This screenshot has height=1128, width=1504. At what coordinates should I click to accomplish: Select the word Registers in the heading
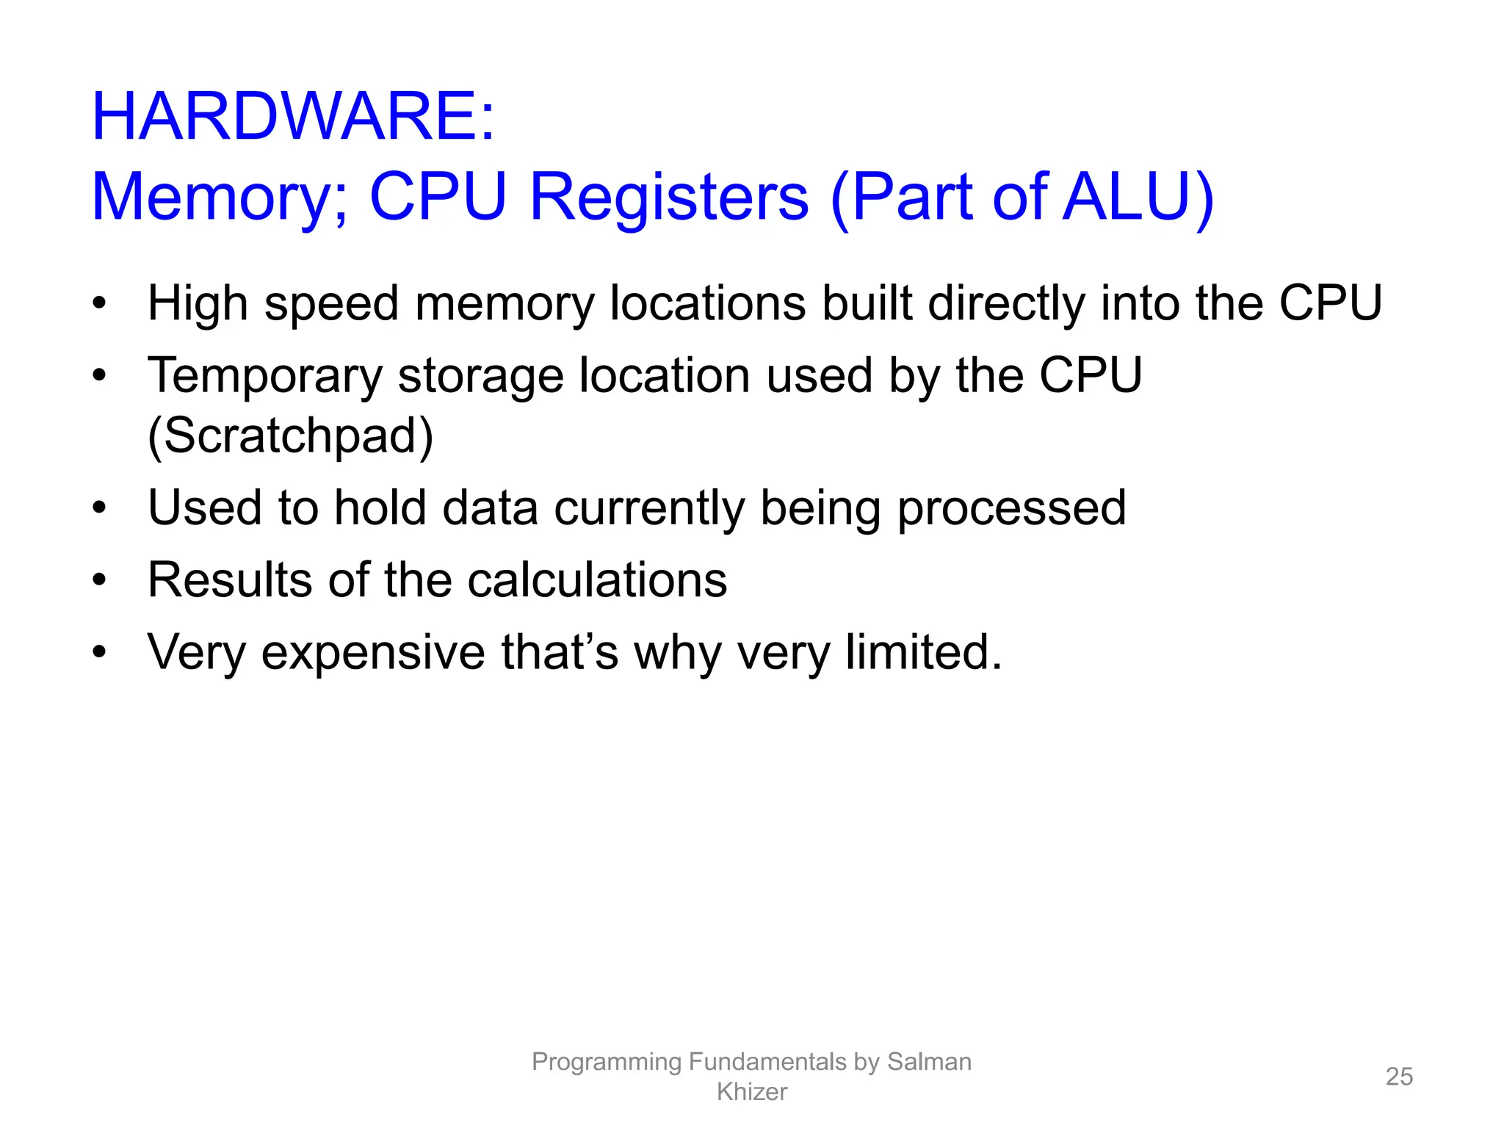click(668, 197)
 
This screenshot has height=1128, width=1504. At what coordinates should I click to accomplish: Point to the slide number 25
click(1399, 1077)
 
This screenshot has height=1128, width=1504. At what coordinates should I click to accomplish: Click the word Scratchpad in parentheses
click(291, 435)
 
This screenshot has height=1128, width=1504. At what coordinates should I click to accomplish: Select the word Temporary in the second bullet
click(264, 376)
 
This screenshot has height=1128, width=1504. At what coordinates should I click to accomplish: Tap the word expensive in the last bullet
click(373, 652)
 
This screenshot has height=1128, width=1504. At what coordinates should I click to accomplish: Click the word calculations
click(597, 580)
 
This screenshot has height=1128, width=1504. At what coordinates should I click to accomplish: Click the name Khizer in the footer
click(751, 1092)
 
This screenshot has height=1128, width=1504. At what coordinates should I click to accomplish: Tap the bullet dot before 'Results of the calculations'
click(100, 580)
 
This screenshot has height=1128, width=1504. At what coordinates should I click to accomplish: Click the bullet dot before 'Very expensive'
click(100, 652)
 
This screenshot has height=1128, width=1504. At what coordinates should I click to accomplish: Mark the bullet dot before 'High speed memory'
click(100, 304)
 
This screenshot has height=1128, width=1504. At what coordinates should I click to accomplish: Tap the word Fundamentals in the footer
click(767, 1062)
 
